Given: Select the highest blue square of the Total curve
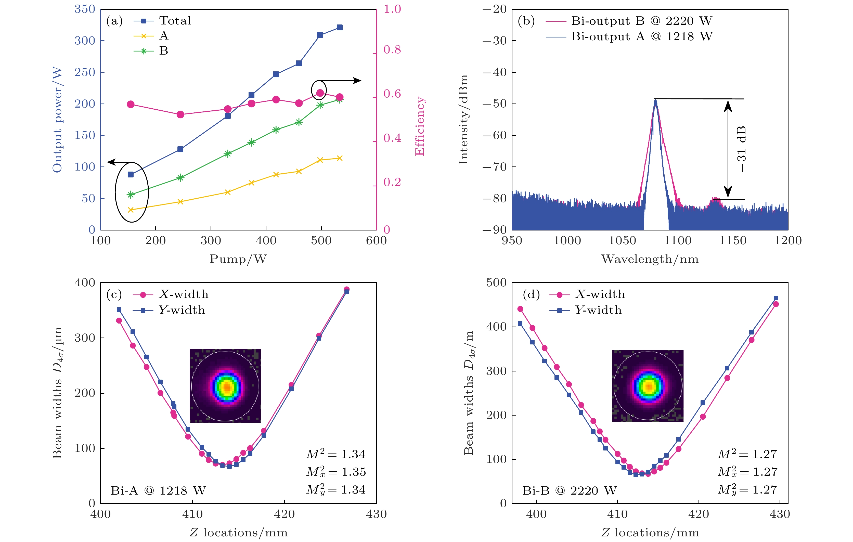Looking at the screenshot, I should pos(339,28).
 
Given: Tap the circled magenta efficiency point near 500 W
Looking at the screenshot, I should pos(320,93).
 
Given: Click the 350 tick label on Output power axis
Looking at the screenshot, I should pos(85,9).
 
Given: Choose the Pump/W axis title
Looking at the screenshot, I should pos(238,259).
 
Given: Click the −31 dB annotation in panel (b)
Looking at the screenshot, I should pos(741,149).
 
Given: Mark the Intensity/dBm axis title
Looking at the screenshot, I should pos(463,120).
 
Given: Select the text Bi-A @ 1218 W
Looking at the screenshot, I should pos(158,491).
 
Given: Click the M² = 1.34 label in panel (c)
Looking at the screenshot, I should pos(336,454).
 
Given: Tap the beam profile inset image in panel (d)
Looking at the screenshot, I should pos(648,386).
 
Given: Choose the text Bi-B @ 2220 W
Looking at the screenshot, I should pos(569,491).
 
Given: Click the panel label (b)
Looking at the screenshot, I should pos(526,21).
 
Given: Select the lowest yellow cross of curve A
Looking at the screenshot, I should pos(130,210).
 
